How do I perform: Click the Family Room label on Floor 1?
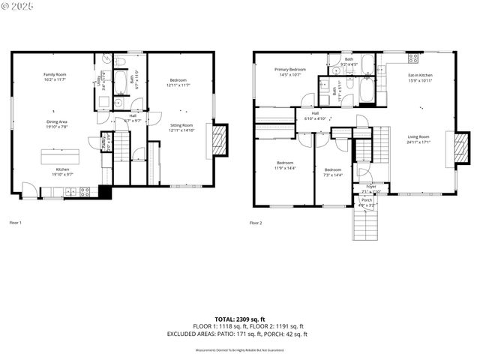54,75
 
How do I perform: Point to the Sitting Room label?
181,125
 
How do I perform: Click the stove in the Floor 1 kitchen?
85,191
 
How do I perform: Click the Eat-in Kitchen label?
420,75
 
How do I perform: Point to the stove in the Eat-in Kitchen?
413,58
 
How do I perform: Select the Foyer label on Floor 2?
371,186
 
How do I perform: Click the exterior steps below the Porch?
364,224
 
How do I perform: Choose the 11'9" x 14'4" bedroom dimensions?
285,167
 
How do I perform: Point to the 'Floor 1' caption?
16,223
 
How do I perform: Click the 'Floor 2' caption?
256,223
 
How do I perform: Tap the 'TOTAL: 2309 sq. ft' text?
240,319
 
